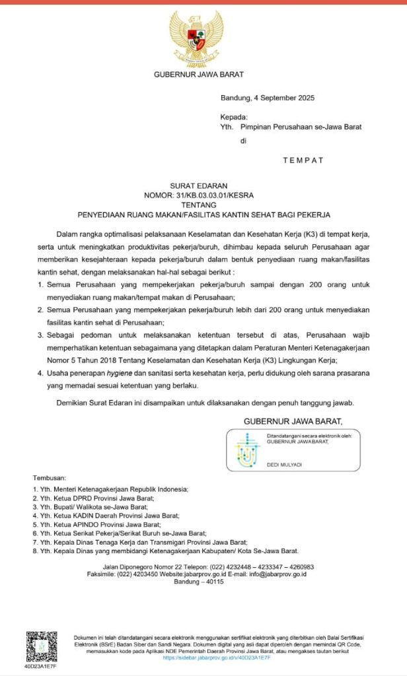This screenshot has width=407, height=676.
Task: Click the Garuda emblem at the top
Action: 196,38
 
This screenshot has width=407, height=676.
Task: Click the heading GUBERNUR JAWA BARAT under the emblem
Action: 196,75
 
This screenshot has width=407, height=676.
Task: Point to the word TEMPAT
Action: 303,160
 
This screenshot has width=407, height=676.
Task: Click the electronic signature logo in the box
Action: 248,450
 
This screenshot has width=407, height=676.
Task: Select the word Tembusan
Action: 49,479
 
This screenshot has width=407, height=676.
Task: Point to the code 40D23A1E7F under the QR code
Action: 41,667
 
